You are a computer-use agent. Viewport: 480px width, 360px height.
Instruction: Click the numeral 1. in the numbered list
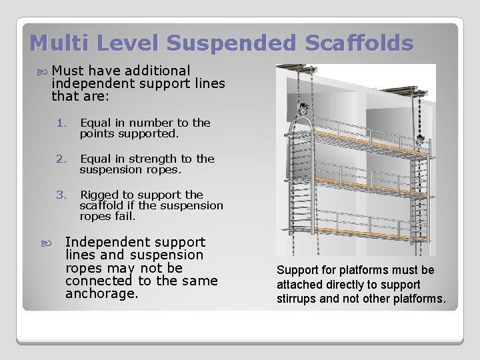point(62,123)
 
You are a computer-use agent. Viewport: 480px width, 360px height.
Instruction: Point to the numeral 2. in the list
point(62,159)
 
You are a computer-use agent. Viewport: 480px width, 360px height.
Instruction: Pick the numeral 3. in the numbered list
point(62,195)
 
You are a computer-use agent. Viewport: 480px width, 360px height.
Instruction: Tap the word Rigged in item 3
point(97,195)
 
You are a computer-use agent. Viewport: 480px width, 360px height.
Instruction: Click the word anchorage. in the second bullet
point(101,293)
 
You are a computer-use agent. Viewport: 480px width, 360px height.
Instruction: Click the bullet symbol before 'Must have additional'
point(43,71)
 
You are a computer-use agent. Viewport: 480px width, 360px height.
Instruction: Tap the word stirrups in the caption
point(294,299)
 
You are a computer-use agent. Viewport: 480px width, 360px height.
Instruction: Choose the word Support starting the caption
point(298,270)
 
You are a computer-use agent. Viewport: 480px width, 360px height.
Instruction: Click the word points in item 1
point(96,133)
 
